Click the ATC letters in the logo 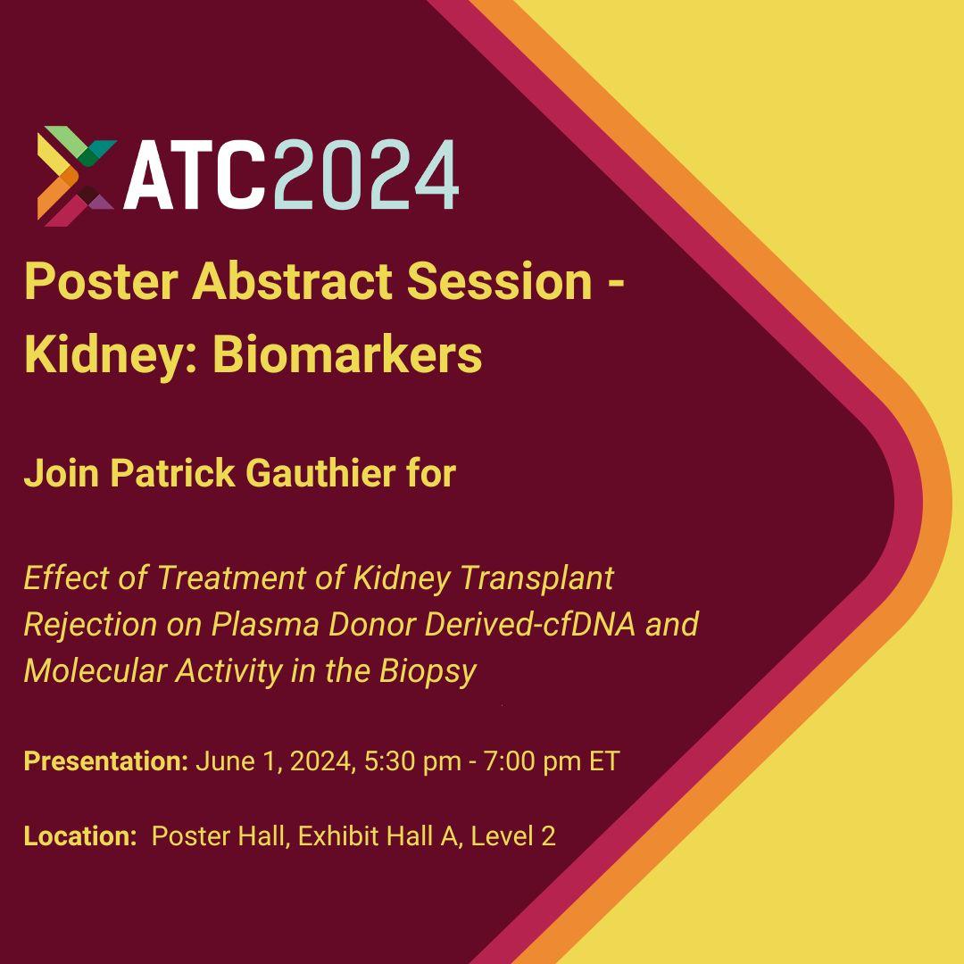[195, 175]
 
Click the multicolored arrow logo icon [76, 176]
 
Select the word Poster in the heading [102, 281]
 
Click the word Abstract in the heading [292, 281]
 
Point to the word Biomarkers [347, 354]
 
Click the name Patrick [172, 473]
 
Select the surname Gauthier [320, 473]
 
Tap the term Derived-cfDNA [530, 625]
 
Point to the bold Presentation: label [105, 761]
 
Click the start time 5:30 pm [412, 761]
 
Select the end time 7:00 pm [532, 761]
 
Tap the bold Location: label [80, 836]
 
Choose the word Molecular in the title [94, 670]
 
